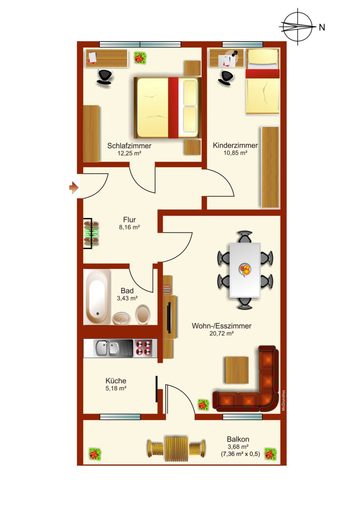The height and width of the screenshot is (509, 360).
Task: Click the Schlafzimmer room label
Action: point(129,145)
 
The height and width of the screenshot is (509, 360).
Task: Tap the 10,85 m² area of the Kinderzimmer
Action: point(235,153)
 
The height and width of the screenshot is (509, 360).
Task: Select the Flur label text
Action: point(129,220)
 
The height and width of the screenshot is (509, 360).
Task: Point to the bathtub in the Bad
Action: point(97,297)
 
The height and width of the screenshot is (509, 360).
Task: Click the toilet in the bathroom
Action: point(143,314)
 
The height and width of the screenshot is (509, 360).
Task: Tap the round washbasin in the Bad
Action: point(121,319)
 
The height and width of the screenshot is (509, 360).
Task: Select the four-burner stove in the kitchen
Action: point(144,348)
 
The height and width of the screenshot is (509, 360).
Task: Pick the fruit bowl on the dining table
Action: point(245,270)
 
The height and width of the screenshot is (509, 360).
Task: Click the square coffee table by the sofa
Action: point(236,370)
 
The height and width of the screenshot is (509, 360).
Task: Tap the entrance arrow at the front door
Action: point(74,187)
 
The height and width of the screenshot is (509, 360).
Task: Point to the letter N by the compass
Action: point(322,28)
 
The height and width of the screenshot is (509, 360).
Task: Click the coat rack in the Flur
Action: point(90,233)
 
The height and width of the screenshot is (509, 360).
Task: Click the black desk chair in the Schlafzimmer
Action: point(105,77)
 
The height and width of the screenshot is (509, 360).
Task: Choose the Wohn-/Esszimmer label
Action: point(222,326)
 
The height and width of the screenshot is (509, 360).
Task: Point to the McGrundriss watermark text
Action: point(283,400)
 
